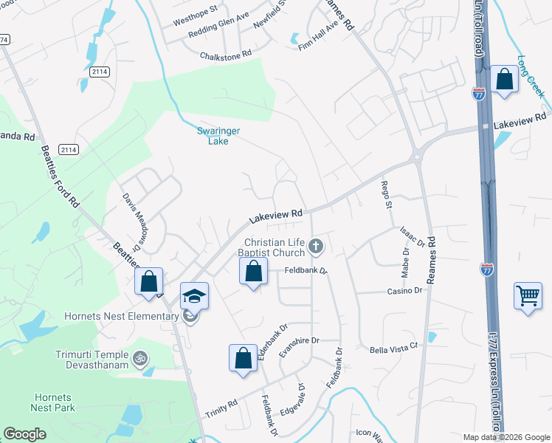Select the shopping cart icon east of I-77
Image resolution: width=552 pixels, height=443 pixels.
click(x=528, y=297)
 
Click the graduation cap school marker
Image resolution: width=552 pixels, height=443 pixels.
click(x=195, y=296)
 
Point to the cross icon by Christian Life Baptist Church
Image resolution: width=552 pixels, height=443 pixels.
click(x=316, y=246)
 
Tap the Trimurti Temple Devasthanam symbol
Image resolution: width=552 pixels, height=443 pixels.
click(x=140, y=360)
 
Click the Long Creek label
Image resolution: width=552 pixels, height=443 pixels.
click(x=531, y=76)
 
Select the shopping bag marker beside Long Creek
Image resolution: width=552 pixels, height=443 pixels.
click(x=504, y=79)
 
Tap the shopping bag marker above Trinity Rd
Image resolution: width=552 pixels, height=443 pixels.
click(x=243, y=360)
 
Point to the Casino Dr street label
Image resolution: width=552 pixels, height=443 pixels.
click(x=404, y=291)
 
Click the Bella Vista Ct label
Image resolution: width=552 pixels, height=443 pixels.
click(x=393, y=346)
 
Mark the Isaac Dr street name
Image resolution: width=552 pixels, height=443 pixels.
click(x=413, y=236)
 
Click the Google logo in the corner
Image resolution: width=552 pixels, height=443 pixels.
click(x=25, y=434)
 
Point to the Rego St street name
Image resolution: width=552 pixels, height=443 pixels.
click(x=384, y=193)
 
